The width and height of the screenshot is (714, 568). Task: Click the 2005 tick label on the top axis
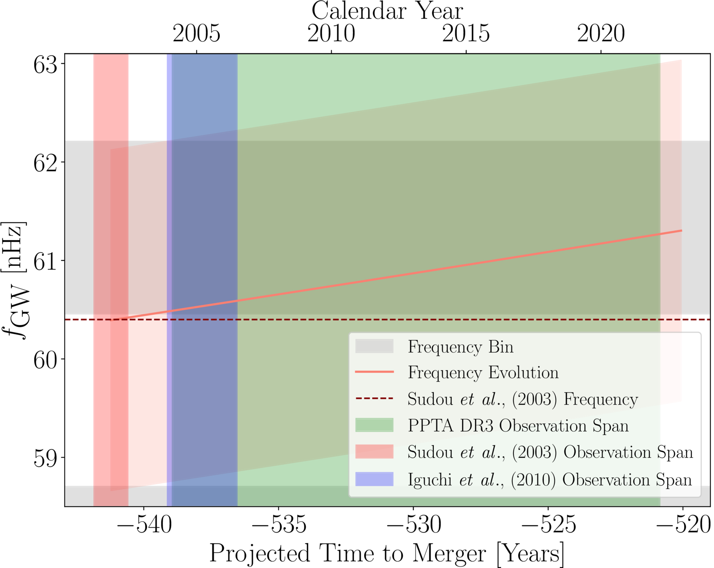(x=197, y=33)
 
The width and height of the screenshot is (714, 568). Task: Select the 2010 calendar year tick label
(x=331, y=33)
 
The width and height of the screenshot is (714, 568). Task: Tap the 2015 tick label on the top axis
(x=466, y=33)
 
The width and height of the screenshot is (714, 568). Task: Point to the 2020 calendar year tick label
(x=601, y=33)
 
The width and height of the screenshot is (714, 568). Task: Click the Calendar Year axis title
(x=387, y=11)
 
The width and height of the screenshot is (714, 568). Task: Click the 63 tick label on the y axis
(x=45, y=65)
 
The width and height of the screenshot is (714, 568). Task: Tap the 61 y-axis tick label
(x=45, y=261)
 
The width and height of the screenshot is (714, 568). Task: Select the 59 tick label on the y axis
(x=45, y=458)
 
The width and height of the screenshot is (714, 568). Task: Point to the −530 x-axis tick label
(x=413, y=525)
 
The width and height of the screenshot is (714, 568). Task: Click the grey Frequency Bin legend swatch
(x=374, y=347)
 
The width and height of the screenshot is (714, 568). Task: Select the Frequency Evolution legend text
(x=483, y=373)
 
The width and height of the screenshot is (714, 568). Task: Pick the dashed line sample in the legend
(x=374, y=399)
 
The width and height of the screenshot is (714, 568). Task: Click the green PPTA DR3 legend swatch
(x=374, y=425)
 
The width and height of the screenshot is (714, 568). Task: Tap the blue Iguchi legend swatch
(x=374, y=479)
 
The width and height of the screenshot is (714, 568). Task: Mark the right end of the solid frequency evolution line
(x=681, y=231)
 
